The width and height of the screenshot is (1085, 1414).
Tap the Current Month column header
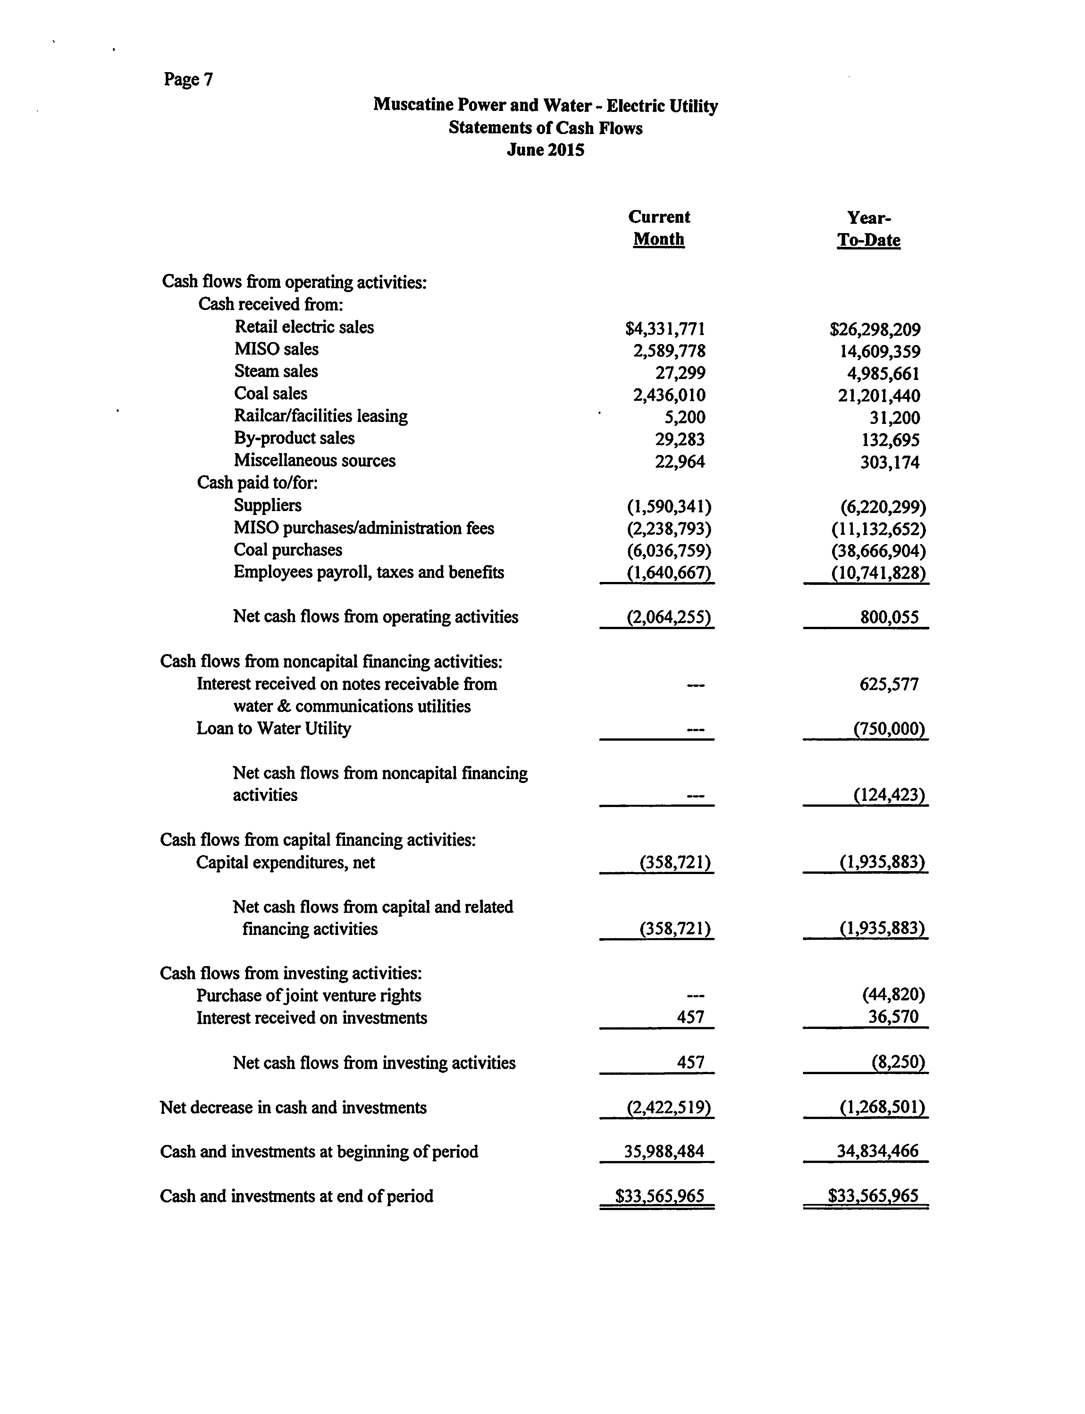click(659, 228)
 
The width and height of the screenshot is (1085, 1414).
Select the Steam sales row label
click(276, 371)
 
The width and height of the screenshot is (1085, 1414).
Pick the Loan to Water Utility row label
click(274, 728)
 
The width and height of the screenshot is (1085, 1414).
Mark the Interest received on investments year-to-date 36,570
click(893, 1017)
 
